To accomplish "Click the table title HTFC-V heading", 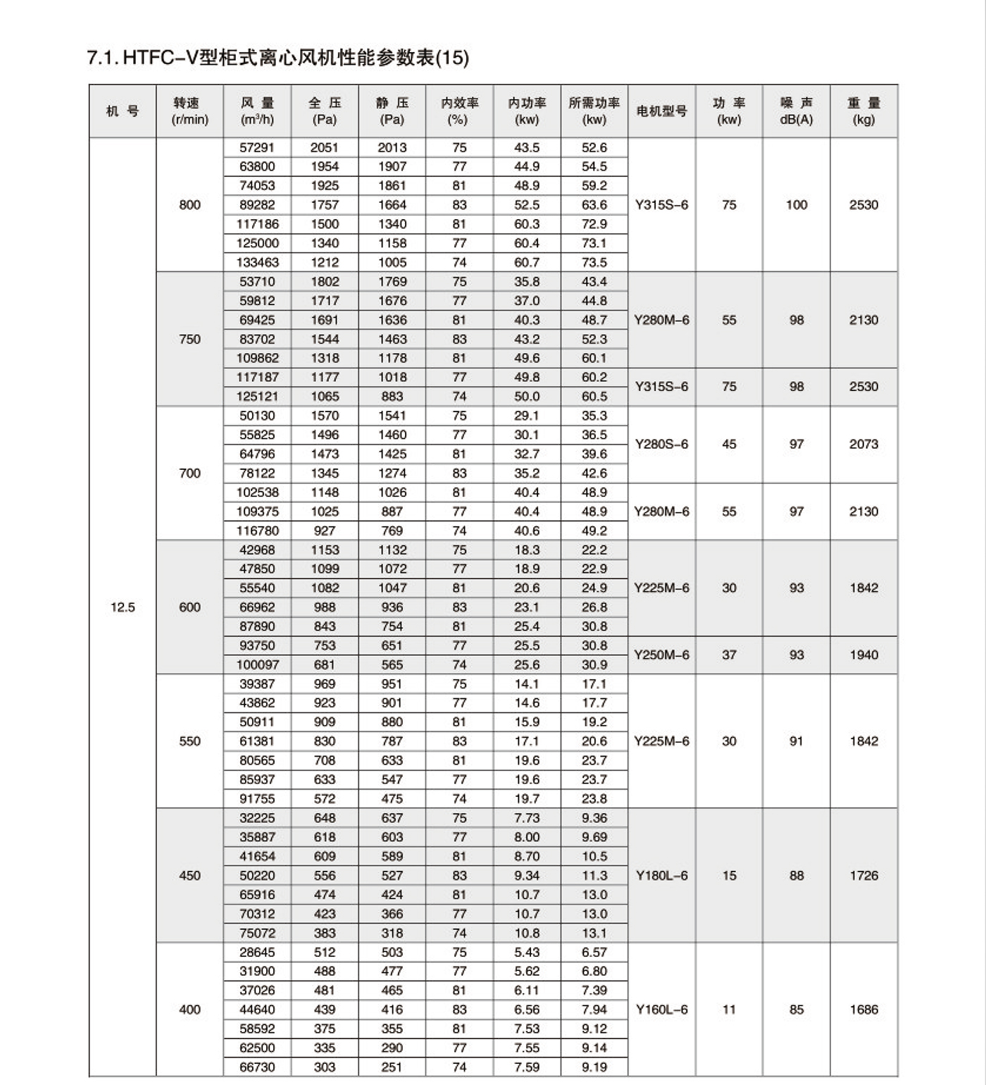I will [277, 57].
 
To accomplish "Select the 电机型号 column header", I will [661, 111].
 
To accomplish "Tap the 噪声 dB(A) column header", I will [796, 111].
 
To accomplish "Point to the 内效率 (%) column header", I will [459, 111].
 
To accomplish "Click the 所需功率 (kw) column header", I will [594, 111].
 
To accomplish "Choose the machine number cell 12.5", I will [123, 607].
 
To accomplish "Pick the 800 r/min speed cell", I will [189, 205].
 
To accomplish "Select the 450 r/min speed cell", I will [189, 876].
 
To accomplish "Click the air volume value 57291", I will [257, 148].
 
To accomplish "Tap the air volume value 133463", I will [257, 263].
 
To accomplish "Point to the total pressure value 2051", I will [325, 148].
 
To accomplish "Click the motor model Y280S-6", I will [661, 445].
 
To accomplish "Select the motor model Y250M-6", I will [661, 655].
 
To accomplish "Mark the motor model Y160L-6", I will [661, 1010].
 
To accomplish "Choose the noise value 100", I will [796, 205].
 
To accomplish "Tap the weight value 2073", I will [863, 445].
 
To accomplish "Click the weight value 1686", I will [863, 1010].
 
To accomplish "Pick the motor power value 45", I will [729, 445].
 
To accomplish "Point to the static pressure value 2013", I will [392, 148].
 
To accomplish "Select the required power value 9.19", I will [594, 1067].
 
